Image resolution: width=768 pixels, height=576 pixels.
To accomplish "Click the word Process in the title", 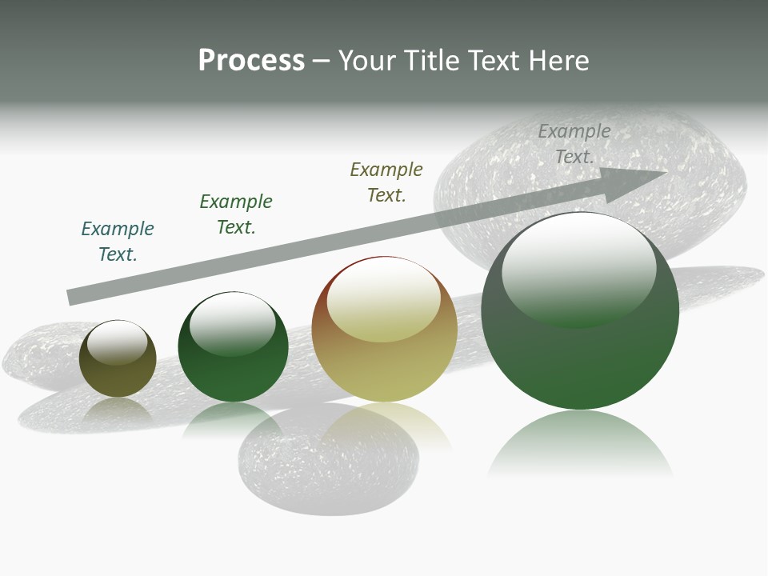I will click(x=251, y=61).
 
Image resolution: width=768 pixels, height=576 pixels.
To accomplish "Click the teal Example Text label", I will click(x=118, y=241).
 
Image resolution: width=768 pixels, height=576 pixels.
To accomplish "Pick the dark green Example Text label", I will click(x=236, y=214).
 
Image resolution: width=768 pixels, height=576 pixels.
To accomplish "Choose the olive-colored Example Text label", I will click(x=386, y=182).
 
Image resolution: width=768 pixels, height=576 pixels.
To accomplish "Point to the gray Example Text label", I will click(x=574, y=144).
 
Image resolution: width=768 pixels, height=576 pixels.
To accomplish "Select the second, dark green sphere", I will click(x=233, y=368).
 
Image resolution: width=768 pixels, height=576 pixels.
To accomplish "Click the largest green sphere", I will click(x=580, y=360).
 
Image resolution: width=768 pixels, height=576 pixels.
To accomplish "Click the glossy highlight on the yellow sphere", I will click(x=383, y=298).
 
